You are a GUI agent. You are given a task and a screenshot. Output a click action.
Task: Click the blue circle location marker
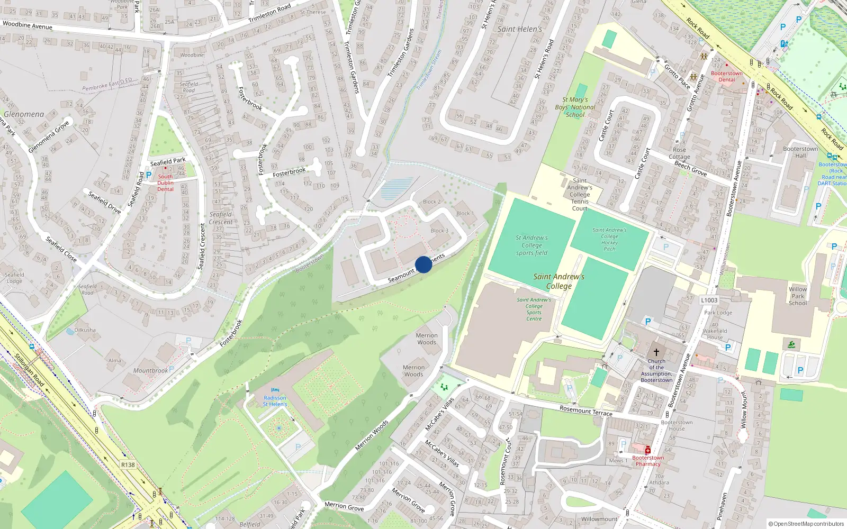pos(424,264)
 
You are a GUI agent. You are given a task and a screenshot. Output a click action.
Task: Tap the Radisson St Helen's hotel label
pos(275,401)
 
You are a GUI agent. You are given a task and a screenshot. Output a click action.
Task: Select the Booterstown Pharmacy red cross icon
pos(647,450)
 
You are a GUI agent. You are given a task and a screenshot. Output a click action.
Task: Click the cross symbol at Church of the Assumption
pos(656,352)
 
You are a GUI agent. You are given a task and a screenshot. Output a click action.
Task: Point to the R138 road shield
pos(128,464)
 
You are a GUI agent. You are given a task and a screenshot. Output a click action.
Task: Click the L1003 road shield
pos(709,300)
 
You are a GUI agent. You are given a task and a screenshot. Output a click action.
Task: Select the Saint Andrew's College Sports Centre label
pos(534,309)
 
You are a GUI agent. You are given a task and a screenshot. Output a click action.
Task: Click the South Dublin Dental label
pos(165,183)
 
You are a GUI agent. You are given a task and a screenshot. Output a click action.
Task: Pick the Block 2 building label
pos(431,202)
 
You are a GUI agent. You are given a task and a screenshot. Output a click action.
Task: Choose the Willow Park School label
pos(798,296)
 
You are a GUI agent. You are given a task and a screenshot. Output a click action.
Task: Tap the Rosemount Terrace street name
pos(585,411)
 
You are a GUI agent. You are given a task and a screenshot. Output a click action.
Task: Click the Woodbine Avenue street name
pos(28,25)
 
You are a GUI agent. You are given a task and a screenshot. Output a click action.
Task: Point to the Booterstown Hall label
pos(800,152)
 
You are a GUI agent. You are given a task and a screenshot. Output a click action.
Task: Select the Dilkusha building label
pos(85,330)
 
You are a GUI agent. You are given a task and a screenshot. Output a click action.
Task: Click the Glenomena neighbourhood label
pos(24,114)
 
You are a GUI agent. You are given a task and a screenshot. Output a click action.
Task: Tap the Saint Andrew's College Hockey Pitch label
pos(609,239)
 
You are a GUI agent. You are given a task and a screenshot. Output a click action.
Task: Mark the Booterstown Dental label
pos(726,77)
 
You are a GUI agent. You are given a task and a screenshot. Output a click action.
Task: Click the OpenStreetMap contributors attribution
pos(806,524)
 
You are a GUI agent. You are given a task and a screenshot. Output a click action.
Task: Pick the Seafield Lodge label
pos(14,278)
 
